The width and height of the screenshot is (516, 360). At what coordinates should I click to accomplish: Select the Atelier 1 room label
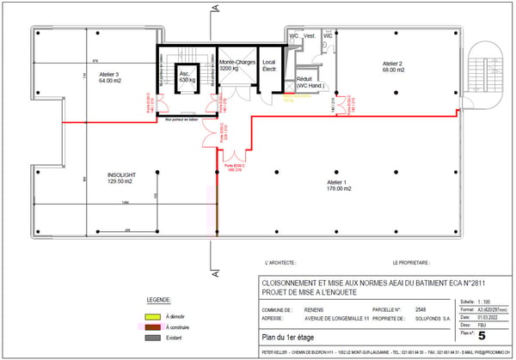tap(336, 185)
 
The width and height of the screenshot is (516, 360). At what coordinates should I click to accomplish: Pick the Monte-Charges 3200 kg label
tap(235, 65)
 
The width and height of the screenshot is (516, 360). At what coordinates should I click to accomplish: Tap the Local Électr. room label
tap(269, 66)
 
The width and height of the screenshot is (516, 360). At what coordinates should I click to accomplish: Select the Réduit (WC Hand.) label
tap(309, 81)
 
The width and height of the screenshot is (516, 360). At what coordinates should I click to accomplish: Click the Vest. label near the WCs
tap(310, 36)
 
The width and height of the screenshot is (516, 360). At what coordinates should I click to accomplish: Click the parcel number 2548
tap(421, 308)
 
